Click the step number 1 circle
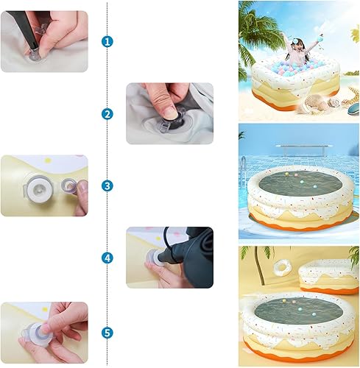click(108, 41)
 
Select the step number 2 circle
click(108, 113)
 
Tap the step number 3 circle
click(108, 185)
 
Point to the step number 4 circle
click(108, 258)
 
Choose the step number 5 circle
click(108, 332)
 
